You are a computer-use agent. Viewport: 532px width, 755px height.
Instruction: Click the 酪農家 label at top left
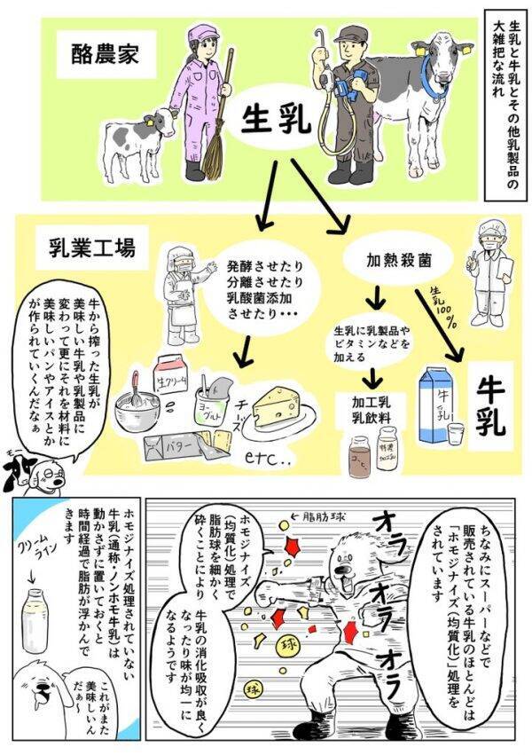pos(100,54)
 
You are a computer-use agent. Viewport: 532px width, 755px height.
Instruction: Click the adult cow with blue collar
pos(430,98)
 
